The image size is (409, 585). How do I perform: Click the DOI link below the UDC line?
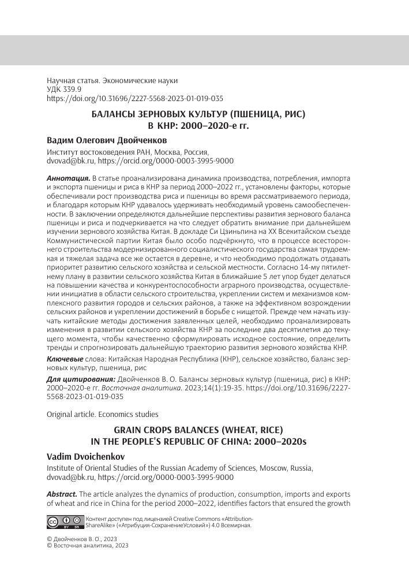[x=134, y=99]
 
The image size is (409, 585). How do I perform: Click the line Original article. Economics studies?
[x=102, y=414]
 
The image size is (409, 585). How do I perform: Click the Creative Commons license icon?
[x=64, y=521]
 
